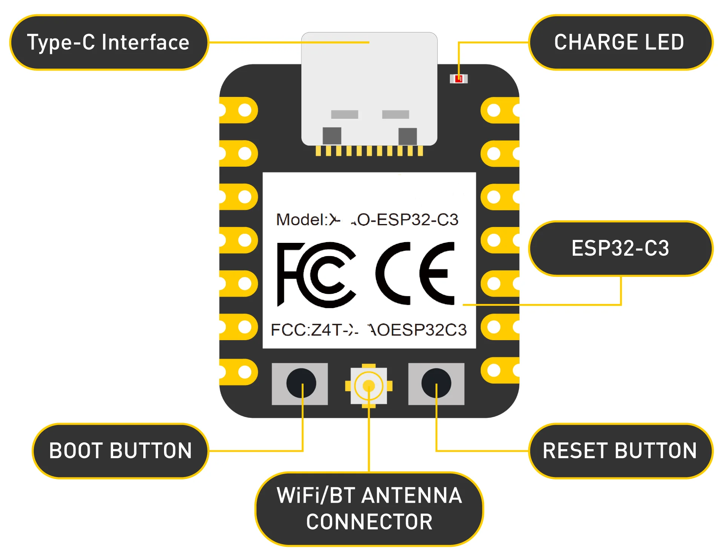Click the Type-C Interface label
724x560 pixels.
point(109,42)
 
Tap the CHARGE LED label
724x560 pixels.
point(620,42)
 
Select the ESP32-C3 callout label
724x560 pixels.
point(620,249)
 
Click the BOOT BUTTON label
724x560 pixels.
point(121,451)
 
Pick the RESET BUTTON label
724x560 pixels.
point(620,451)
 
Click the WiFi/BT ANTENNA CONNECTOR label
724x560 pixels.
point(369,508)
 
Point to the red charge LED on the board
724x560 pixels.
point(459,78)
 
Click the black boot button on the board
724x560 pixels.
point(301,383)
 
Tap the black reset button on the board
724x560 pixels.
point(436,383)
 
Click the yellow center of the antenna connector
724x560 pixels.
point(368,386)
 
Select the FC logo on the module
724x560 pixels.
point(316,275)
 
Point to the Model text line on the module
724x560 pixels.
point(367,220)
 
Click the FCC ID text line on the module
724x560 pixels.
point(369,330)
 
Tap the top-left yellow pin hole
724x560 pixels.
point(245,110)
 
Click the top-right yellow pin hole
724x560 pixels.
point(494,110)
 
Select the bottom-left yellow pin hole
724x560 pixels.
point(245,372)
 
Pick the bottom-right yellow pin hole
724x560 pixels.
point(494,370)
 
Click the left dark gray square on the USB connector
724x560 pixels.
point(332,136)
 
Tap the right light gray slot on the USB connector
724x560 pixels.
point(396,114)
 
